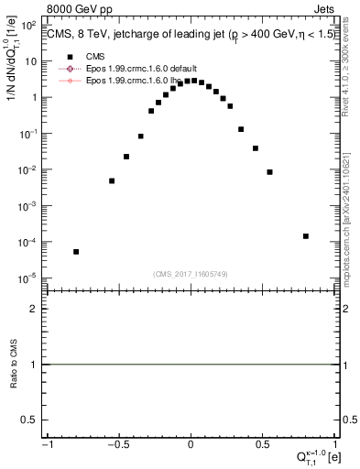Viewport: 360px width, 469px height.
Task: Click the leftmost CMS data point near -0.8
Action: point(76,251)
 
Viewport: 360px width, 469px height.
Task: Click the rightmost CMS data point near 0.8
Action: point(306,236)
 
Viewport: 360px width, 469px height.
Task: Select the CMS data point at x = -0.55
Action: point(112,180)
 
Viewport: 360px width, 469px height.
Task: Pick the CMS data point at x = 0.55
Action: point(270,172)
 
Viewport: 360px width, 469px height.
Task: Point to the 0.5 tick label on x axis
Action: point(263,443)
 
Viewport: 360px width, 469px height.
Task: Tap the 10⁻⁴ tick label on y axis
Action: point(29,243)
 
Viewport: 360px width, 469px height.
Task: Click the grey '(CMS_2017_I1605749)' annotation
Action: point(191,273)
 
